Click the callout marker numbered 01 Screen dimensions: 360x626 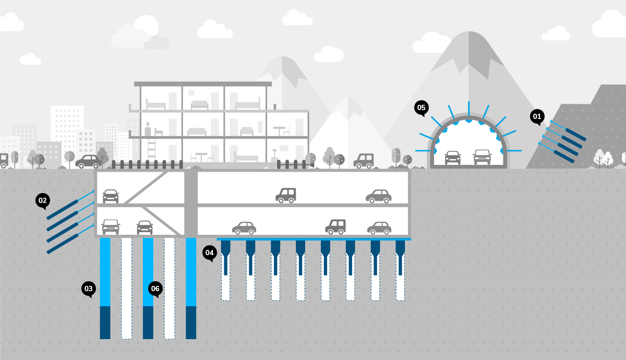[537, 117]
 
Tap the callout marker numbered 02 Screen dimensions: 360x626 [43, 200]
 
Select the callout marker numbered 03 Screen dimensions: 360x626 [89, 289]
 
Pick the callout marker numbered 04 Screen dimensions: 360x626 [210, 253]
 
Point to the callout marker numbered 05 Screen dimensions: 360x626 [422, 108]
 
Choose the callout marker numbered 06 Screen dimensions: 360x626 [155, 289]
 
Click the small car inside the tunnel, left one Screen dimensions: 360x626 [452, 157]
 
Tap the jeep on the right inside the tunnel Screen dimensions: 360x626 [482, 157]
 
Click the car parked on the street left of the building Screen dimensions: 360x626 [88, 161]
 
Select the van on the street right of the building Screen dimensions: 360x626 [364, 161]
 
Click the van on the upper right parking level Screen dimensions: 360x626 [286, 195]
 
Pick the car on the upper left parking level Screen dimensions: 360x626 [111, 196]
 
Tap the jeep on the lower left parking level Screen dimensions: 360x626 [111, 226]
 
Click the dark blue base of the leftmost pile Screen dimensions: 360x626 [105, 322]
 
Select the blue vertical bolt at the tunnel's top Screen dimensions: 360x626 [468, 109]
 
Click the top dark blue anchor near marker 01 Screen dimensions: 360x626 [573, 134]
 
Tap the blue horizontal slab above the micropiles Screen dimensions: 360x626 [314, 239]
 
